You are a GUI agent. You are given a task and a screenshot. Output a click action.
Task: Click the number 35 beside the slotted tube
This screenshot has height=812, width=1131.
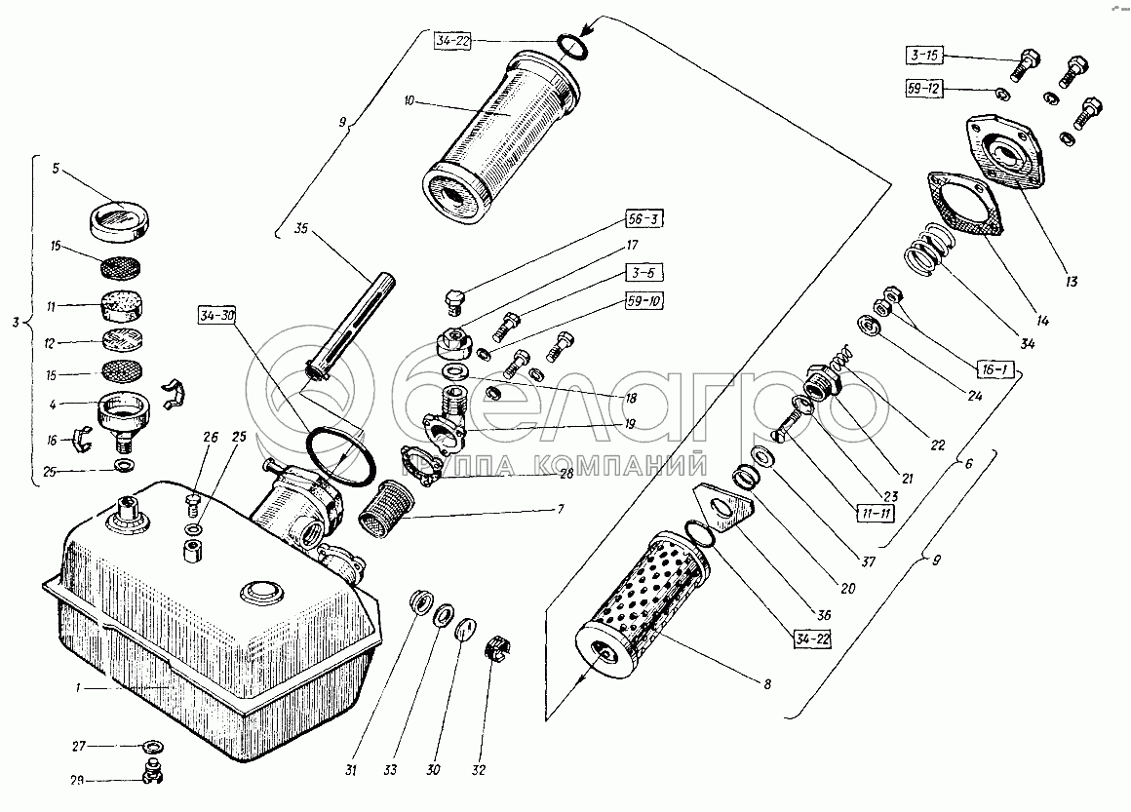coord(300,231)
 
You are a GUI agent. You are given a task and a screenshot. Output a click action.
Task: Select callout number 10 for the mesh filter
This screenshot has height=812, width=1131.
coord(409,101)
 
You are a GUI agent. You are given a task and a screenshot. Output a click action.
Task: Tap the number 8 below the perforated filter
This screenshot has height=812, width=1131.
coord(768,684)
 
